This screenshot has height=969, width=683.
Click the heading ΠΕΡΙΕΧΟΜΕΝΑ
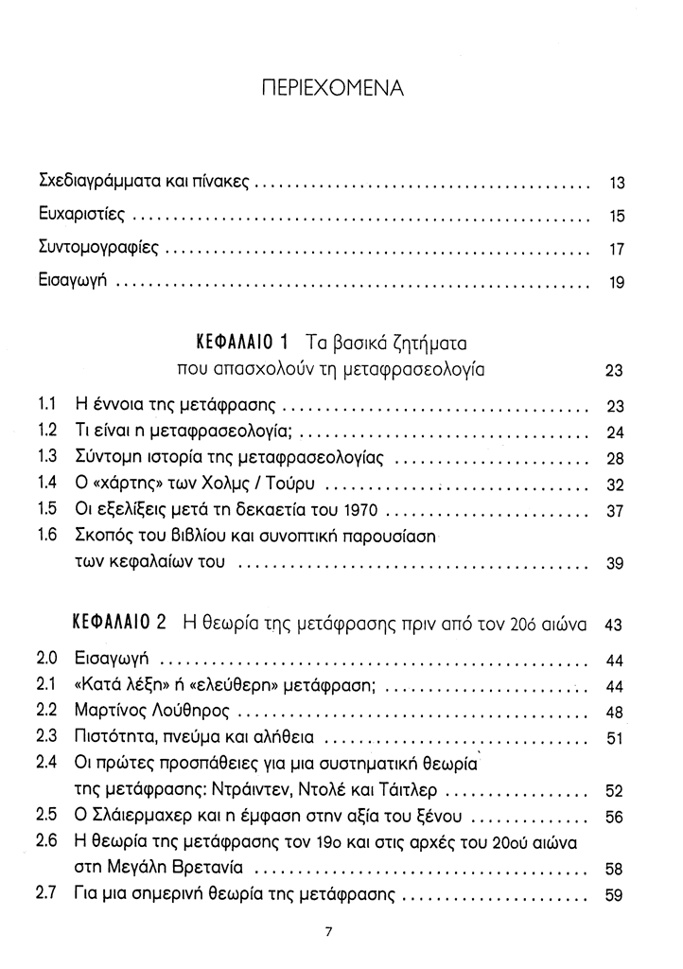pos(331,89)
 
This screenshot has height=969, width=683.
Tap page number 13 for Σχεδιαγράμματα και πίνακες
pos(618,183)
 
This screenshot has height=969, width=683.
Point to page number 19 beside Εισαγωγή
pos(618,283)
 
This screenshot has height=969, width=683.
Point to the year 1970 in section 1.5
pos(360,511)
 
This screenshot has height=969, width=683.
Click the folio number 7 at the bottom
pos(327,931)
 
